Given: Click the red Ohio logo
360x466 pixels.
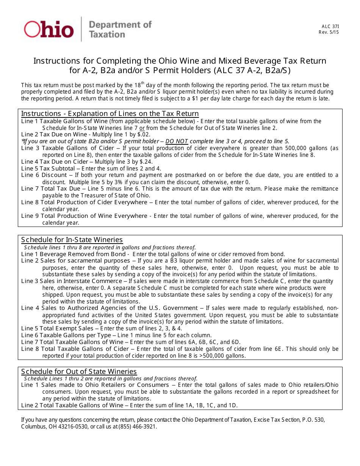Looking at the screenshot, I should (x=49, y=29).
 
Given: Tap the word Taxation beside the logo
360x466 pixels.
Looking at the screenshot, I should (x=106, y=34).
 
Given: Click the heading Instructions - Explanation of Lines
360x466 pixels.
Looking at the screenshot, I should (x=110, y=114).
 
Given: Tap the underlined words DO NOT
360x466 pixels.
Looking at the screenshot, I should (x=177, y=141).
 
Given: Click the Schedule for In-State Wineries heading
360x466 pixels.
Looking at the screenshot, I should (x=72, y=240).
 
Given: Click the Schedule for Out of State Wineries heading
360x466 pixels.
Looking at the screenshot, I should (x=79, y=371).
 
